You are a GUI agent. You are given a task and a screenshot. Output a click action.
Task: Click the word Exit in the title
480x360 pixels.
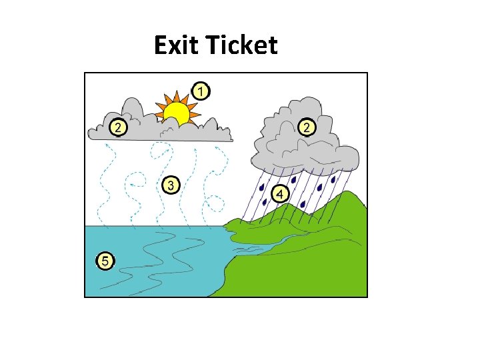pyautogui.click(x=177, y=46)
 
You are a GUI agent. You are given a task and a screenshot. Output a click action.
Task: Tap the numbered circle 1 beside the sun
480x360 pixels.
pyautogui.click(x=200, y=90)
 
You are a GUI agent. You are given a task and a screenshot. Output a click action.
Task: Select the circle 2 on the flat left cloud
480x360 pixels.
pyautogui.click(x=118, y=127)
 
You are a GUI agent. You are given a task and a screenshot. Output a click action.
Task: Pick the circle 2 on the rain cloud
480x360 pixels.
pyautogui.click(x=306, y=127)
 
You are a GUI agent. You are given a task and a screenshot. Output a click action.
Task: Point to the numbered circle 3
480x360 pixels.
pyautogui.click(x=171, y=185)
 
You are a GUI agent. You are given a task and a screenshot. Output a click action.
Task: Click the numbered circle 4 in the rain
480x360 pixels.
pyautogui.click(x=279, y=194)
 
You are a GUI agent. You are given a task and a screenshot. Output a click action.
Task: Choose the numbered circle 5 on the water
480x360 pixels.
pyautogui.click(x=105, y=260)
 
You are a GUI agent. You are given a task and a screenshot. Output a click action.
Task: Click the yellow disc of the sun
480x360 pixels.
pyautogui.click(x=177, y=113)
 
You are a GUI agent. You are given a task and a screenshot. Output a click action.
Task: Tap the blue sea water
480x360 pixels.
pyautogui.click(x=153, y=267)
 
